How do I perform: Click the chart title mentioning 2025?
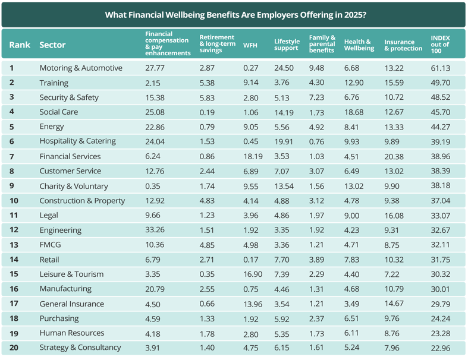(235, 14)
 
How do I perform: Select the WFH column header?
(250, 45)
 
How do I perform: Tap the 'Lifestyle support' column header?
(286, 45)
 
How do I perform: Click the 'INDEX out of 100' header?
(440, 45)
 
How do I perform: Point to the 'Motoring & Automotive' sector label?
(81, 68)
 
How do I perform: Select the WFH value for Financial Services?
(253, 156)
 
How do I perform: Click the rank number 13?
(12, 245)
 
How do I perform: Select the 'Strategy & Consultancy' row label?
(80, 348)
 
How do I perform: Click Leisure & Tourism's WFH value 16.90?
(253, 274)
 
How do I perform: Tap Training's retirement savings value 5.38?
(208, 83)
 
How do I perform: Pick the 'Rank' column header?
(20, 45)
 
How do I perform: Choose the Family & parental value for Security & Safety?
(318, 97)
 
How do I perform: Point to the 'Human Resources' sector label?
(71, 333)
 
